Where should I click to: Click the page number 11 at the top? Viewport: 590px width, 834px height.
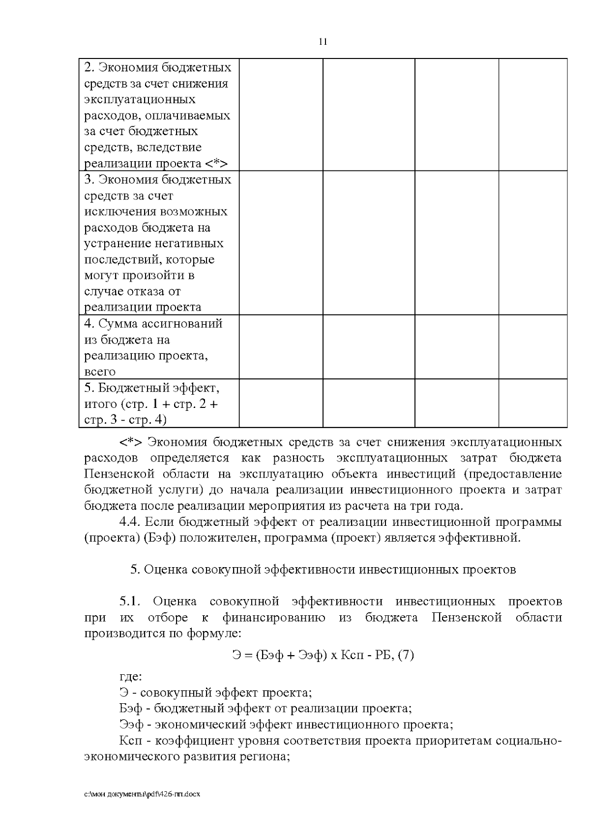[x=323, y=42]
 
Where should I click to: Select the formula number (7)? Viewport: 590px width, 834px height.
[x=406, y=655]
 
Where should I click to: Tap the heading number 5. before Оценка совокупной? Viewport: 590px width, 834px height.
[x=136, y=570]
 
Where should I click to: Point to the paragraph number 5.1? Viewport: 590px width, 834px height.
[x=130, y=602]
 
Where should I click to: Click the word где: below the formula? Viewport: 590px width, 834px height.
[x=130, y=677]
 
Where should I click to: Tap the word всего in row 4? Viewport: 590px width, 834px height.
[x=100, y=372]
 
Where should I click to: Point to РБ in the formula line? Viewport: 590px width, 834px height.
[x=385, y=655]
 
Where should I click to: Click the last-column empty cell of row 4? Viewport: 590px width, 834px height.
[x=533, y=347]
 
